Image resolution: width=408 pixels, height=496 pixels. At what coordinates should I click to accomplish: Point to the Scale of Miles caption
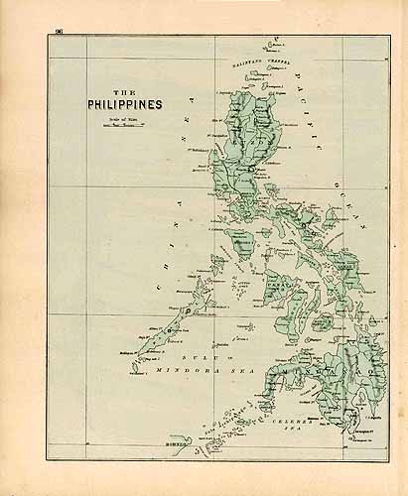point(112,119)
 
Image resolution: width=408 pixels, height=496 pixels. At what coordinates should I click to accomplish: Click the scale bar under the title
point(112,127)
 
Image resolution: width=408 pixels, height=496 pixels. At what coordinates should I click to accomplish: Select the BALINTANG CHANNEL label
point(253,62)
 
